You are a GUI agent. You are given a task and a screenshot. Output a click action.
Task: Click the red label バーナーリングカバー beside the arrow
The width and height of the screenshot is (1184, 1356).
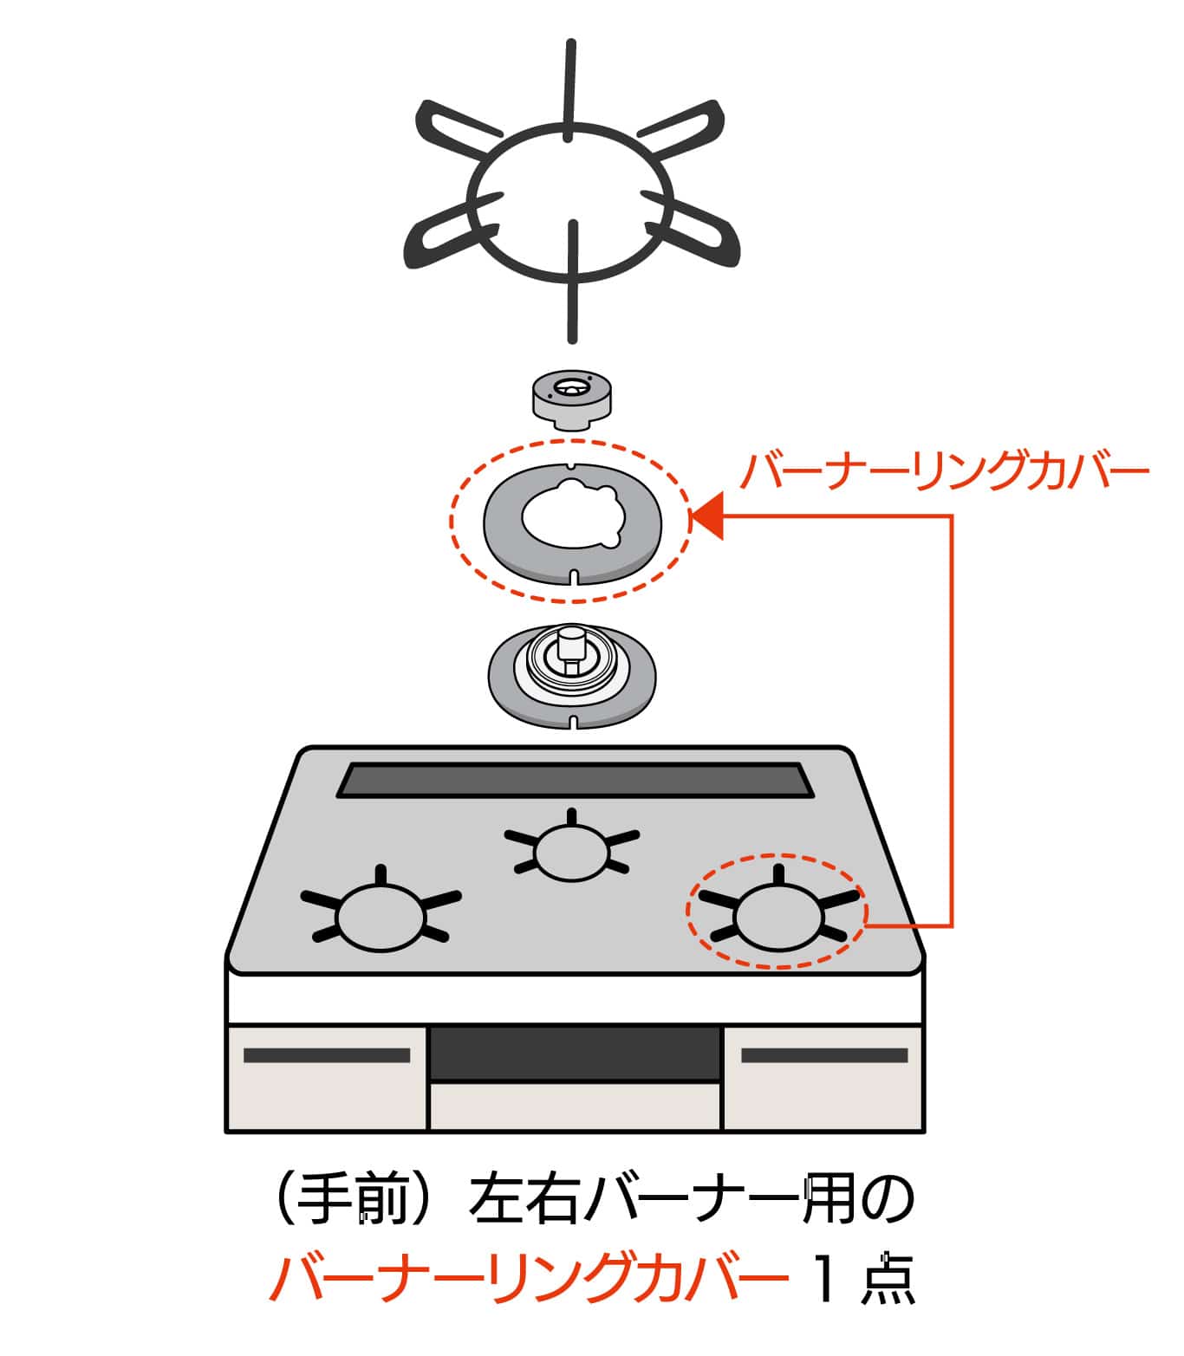[x=944, y=471]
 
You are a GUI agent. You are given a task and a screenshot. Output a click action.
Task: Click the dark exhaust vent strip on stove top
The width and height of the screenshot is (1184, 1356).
[x=575, y=780]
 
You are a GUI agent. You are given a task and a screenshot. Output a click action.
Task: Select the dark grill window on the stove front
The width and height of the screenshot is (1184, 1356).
[x=575, y=1053]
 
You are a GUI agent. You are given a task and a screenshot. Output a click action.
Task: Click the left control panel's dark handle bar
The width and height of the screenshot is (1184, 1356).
[x=327, y=1055]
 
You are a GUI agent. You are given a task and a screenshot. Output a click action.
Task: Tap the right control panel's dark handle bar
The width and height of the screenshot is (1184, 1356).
[x=824, y=1055]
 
